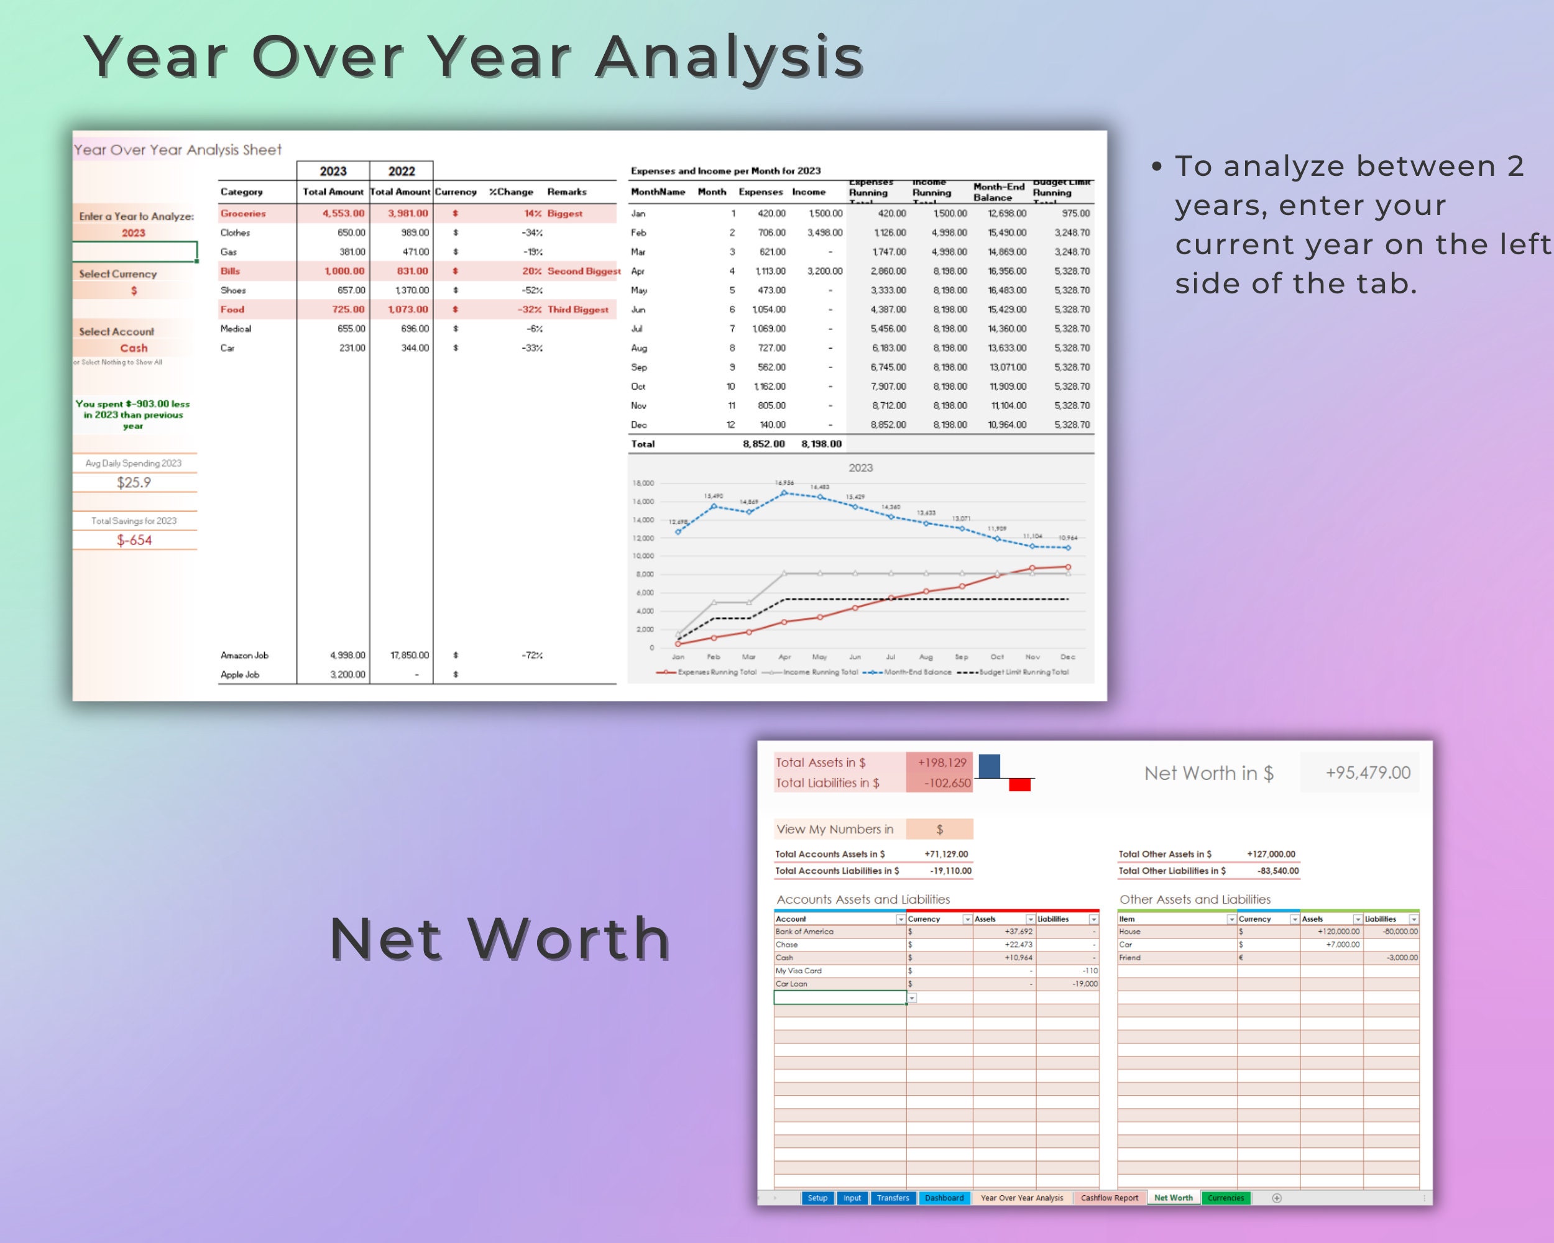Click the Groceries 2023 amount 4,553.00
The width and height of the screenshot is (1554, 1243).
pos(343,213)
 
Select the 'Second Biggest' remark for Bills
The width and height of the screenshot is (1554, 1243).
pos(583,271)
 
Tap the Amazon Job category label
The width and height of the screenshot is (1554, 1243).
pos(244,655)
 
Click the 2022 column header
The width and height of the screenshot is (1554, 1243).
pos(402,172)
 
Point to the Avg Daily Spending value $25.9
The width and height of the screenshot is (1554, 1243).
pos(134,482)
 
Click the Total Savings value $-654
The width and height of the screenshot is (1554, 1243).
pos(134,539)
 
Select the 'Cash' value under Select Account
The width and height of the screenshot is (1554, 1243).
pos(134,348)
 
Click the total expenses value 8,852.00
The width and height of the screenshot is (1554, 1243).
pos(763,444)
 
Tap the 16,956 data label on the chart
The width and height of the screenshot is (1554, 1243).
pos(784,482)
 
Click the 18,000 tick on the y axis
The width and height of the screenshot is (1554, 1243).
pos(643,483)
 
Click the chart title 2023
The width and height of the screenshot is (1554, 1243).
pos(861,467)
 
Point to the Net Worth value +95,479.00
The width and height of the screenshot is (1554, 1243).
pos(1368,773)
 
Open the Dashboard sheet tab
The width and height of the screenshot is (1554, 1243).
pos(944,1198)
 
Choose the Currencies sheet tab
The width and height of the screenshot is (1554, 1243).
pos(1225,1198)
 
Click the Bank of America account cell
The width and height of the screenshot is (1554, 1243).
pos(804,932)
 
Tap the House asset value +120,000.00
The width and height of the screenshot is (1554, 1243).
pos(1338,932)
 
